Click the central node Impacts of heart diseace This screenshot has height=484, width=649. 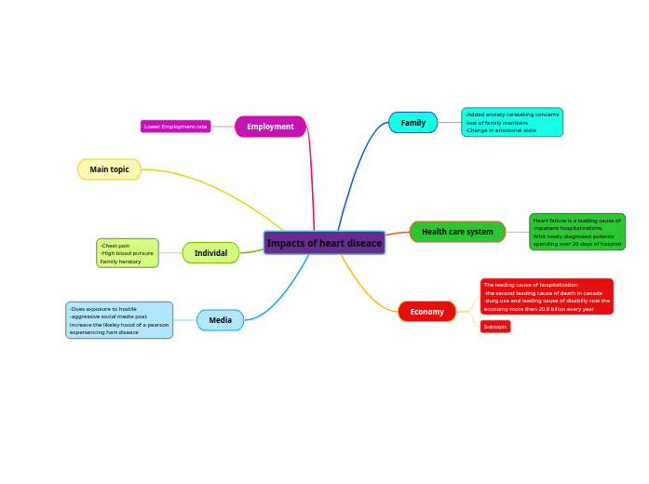324,243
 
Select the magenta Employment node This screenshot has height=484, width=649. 270,127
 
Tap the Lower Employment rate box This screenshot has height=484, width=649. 176,127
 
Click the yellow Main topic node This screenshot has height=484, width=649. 109,169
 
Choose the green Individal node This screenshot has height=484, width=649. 210,253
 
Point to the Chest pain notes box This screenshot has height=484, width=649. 128,253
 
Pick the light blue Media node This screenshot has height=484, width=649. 220,320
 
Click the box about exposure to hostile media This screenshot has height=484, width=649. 119,320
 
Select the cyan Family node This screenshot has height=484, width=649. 412,123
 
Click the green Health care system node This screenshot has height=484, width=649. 457,232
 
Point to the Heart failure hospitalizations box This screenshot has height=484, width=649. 577,232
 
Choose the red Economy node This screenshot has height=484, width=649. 426,312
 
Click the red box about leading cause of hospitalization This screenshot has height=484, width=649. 547,297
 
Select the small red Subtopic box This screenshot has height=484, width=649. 495,327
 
